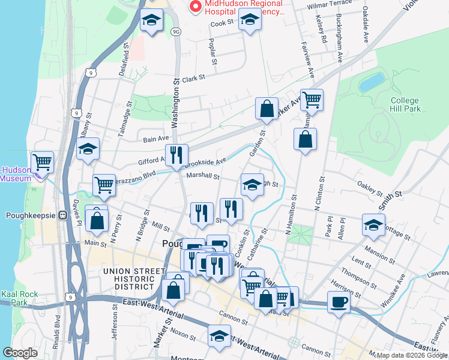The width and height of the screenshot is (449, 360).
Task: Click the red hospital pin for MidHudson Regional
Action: coord(195,7)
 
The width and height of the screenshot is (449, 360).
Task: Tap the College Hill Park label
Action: coord(405,104)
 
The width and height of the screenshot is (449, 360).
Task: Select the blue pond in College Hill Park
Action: coord(373,82)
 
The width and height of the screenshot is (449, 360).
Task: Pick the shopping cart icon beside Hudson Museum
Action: coord(42,161)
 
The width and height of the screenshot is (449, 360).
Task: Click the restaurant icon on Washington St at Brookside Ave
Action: coord(176,155)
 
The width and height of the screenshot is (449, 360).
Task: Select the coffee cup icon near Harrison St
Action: coord(339,301)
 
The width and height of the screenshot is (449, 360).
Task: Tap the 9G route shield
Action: coord(175,30)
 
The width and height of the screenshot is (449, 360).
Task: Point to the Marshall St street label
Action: coord(203,176)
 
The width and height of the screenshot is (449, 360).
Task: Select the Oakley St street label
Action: coord(370,192)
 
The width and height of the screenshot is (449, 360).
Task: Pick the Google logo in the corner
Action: coord(20,352)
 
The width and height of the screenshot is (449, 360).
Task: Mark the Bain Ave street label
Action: coord(156,139)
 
